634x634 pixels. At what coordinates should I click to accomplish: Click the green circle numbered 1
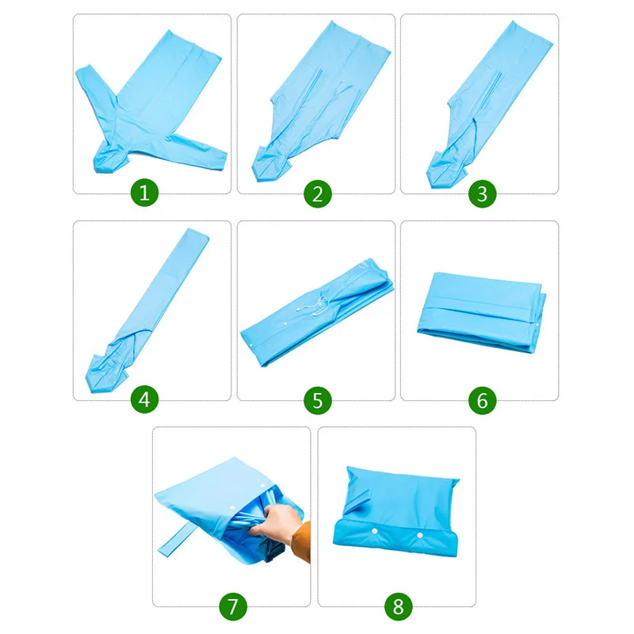click(144, 193)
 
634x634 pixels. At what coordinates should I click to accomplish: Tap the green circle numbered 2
click(318, 193)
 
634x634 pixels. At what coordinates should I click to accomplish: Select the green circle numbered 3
click(482, 193)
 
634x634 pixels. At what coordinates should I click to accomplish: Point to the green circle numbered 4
click(144, 399)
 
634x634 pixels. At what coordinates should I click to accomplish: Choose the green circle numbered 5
click(318, 400)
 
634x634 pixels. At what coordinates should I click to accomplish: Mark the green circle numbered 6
click(482, 400)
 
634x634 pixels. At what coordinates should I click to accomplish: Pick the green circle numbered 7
click(232, 606)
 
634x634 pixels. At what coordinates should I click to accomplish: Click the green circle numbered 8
click(398, 606)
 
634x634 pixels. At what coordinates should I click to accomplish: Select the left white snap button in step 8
click(374, 531)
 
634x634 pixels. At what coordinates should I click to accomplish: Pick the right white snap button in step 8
click(420, 536)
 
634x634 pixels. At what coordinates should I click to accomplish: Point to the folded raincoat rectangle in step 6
click(482, 312)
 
